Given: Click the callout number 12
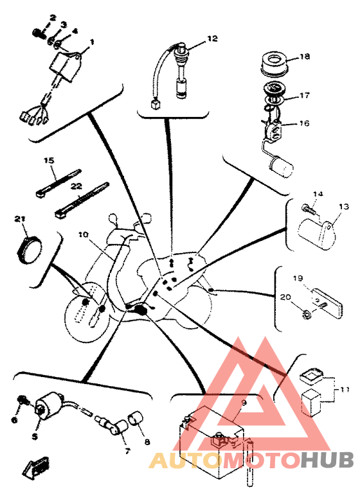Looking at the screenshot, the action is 212,39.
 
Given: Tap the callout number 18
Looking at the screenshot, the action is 305,57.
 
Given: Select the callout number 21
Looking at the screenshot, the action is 20,219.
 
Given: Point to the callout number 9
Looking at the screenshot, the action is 244,403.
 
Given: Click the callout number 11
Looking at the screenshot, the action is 345,390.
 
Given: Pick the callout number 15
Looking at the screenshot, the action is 50,161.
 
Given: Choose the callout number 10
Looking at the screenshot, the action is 83,234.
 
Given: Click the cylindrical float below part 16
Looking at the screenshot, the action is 282,168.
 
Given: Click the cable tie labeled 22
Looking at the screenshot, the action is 82,200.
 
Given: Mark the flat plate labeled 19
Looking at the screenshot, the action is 327,301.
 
